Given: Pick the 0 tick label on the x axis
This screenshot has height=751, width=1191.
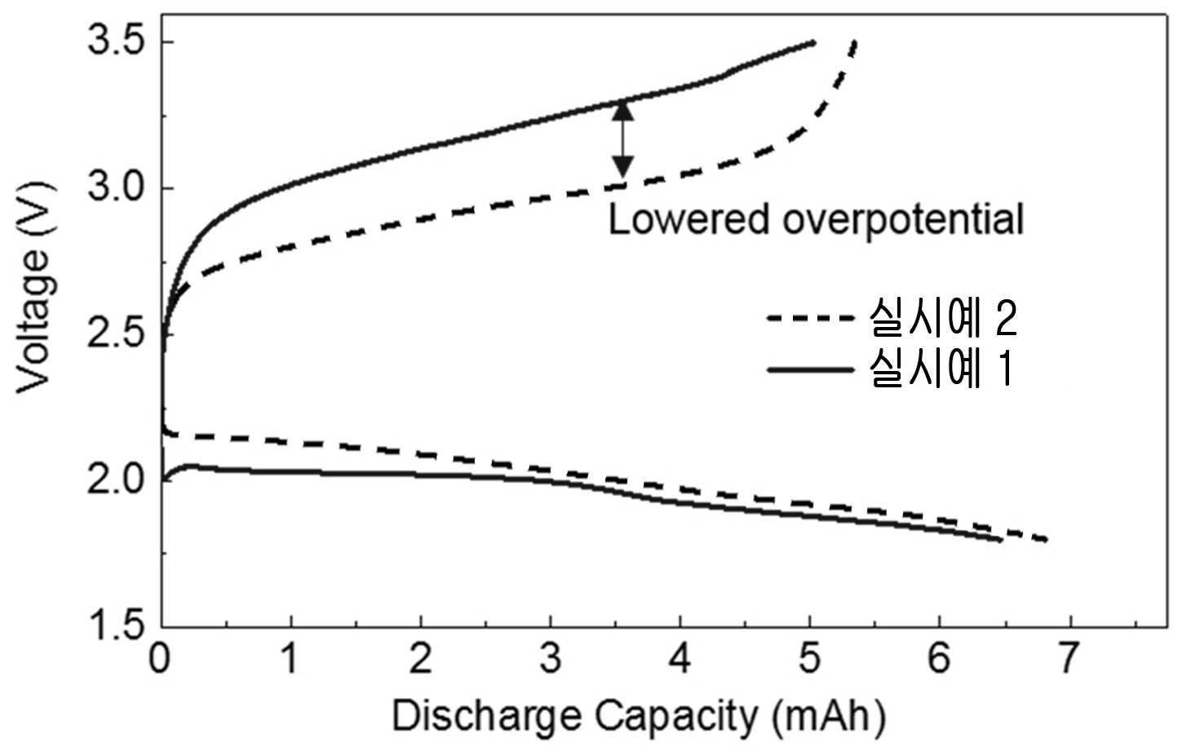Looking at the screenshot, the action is (160, 658).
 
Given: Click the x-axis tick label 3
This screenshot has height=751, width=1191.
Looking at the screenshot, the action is (551, 658).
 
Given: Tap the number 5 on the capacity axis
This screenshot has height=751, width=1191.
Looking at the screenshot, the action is (810, 658).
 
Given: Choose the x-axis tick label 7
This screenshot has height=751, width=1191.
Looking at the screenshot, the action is (1069, 658).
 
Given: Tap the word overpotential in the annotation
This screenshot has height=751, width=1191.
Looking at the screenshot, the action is (903, 220).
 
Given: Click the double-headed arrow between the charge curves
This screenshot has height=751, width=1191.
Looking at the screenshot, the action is (622, 139).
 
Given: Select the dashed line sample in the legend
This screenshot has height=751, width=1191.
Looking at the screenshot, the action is (810, 318).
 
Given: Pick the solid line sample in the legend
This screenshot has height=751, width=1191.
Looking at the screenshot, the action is (810, 369).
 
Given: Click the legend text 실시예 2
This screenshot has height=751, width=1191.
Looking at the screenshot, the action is (943, 318).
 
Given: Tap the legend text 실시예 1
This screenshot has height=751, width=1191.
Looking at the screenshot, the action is (941, 369).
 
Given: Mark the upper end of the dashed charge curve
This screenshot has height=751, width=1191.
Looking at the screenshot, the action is (854, 41).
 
